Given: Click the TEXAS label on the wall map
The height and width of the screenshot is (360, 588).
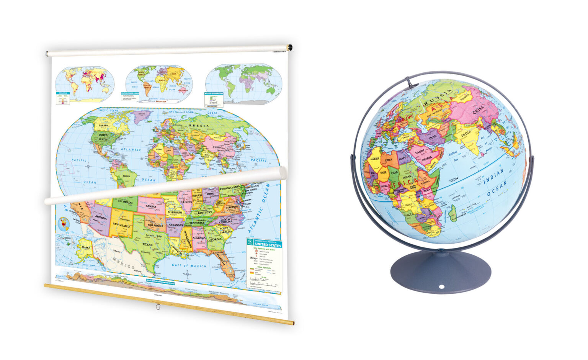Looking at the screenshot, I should coord(147,244).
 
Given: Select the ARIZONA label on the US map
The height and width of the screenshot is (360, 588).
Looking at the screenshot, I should coord(101,217).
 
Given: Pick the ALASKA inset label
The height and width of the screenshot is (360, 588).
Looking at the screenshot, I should coord(85,247).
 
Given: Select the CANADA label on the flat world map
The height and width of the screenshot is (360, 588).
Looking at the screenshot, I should coord(104,125).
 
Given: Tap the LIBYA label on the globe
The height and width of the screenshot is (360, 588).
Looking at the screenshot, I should coord(389,160).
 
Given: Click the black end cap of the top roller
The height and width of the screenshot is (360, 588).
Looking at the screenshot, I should coord(290,48).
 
